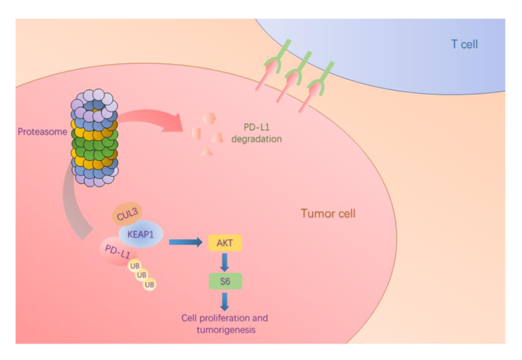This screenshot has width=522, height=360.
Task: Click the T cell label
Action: coord(464,44)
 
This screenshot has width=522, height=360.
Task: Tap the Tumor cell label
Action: coord(328,213)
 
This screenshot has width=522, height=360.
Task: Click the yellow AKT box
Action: coord(224,243)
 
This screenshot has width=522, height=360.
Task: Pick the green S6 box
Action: coord(224,282)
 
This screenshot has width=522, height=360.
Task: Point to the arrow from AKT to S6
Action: coord(224,262)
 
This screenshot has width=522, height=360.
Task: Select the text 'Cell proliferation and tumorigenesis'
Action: coord(224,325)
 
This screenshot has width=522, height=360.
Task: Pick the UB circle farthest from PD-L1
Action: coord(149,284)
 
